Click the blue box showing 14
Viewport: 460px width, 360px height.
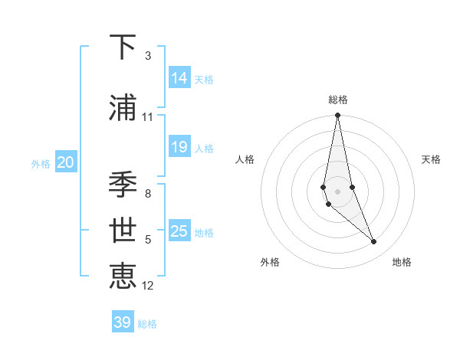pyautogui.click(x=179, y=77)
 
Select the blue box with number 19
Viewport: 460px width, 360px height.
pyautogui.click(x=179, y=147)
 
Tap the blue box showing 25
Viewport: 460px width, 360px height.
pyautogui.click(x=179, y=231)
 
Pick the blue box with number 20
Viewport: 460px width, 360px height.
pyautogui.click(x=66, y=162)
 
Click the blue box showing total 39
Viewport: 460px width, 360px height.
pyautogui.click(x=123, y=322)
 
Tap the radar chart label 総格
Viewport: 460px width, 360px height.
pyautogui.click(x=338, y=100)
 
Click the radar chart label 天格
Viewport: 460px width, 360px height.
pyautogui.click(x=431, y=159)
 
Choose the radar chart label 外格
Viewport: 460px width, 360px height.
pyautogui.click(x=270, y=262)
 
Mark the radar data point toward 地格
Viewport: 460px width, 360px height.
pyautogui.click(x=374, y=242)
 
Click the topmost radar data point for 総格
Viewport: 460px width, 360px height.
pyautogui.click(x=337, y=116)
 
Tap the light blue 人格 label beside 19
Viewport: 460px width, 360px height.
pyautogui.click(x=204, y=148)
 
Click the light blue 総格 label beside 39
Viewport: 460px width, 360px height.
pyautogui.click(x=147, y=324)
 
